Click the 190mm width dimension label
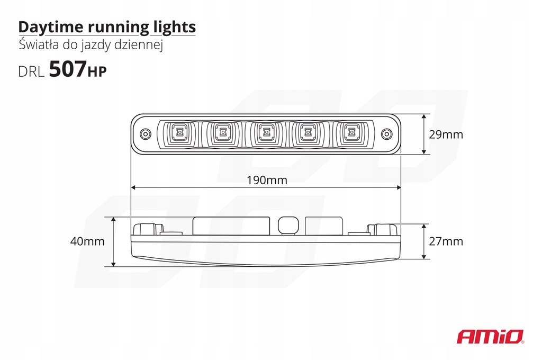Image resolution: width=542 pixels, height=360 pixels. (x=267, y=180)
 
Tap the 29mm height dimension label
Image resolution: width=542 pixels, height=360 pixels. (x=446, y=134)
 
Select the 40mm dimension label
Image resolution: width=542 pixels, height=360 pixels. (x=87, y=241)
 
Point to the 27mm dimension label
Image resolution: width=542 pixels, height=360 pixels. (x=446, y=241)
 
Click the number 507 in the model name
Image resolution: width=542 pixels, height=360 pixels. (x=67, y=70)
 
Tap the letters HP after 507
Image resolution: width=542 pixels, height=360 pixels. (x=96, y=72)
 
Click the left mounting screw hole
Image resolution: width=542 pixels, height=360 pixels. (x=144, y=134)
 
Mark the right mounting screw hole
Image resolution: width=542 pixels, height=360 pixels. (x=386, y=134)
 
